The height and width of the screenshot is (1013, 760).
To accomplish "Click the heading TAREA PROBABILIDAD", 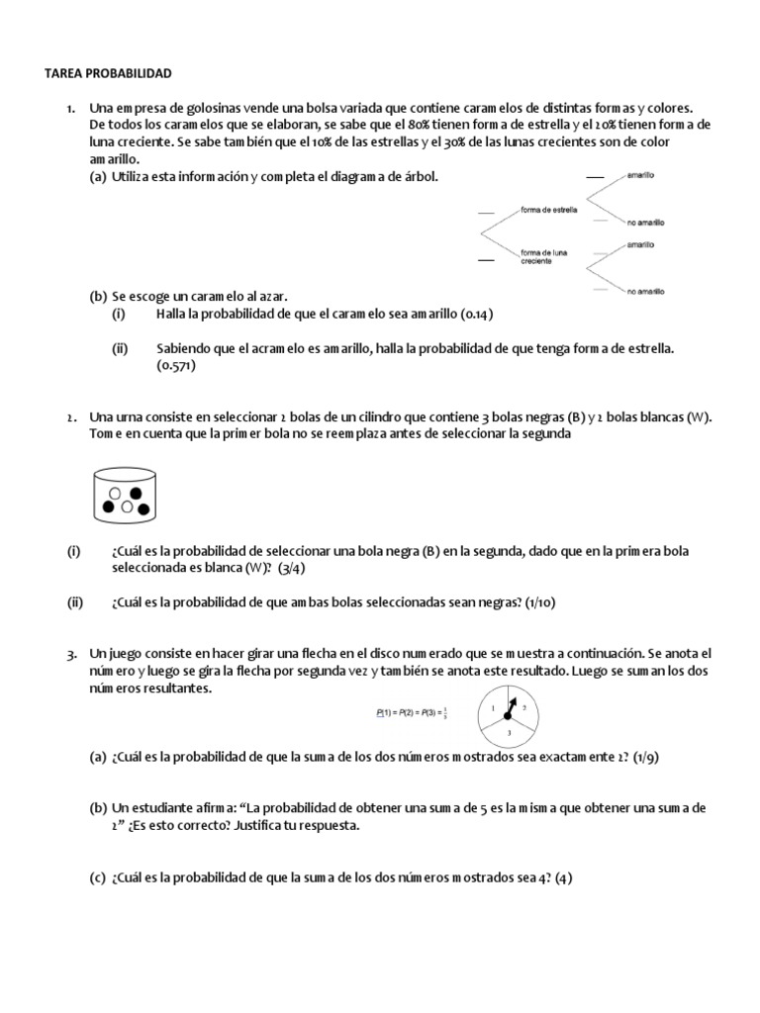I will click(110, 73).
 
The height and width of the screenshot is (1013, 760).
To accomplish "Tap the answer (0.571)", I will click(176, 366).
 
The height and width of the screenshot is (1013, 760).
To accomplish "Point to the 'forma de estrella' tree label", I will click(548, 210).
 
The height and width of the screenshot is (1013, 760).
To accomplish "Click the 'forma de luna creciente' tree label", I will click(545, 256).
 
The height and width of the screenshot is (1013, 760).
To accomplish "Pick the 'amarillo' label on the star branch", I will click(639, 175).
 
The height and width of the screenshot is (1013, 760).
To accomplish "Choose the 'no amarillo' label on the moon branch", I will click(644, 291).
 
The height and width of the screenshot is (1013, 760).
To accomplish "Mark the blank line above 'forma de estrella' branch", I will click(486, 212).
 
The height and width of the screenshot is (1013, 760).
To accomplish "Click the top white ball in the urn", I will click(116, 491).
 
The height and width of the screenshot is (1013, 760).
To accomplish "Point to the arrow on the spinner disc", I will click(511, 707).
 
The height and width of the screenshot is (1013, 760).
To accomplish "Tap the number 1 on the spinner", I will click(493, 707).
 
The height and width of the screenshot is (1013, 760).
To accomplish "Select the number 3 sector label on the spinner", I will click(509, 732).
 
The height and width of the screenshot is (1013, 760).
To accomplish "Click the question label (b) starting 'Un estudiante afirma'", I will click(98, 808).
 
